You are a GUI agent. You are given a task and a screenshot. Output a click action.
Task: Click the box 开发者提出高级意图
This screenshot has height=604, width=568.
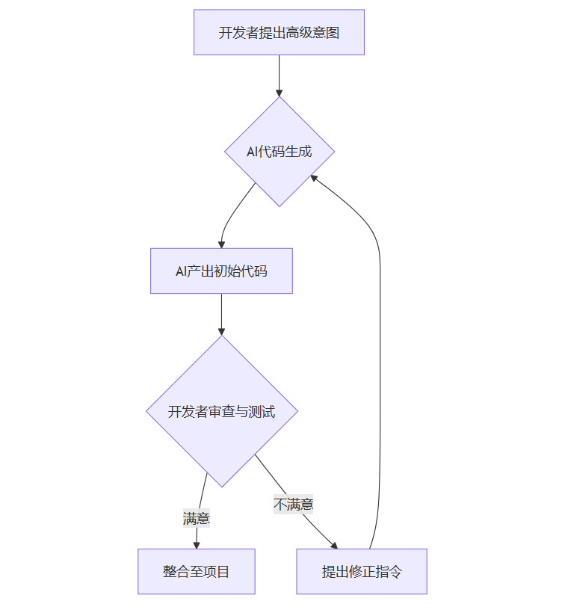click(x=279, y=32)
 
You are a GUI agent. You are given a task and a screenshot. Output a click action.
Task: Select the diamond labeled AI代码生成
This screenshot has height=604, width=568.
click(x=280, y=152)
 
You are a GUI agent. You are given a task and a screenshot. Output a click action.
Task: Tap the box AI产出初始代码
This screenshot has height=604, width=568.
click(x=221, y=271)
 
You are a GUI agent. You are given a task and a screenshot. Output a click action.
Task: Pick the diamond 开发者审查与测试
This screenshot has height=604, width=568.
click(x=222, y=411)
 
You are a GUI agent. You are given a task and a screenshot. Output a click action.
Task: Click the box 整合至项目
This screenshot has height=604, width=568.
click(x=197, y=571)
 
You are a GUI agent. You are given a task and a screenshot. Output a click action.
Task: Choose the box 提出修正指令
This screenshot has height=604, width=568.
click(x=362, y=571)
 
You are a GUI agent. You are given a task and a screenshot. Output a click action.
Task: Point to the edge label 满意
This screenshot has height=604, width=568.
click(x=197, y=517)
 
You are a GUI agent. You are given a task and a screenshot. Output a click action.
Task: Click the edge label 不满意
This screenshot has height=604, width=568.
click(x=293, y=505)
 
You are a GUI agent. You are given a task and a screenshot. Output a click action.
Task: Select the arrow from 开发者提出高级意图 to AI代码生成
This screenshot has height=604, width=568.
click(x=279, y=75)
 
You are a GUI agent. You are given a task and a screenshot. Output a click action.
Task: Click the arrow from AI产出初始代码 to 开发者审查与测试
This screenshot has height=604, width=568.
click(x=221, y=314)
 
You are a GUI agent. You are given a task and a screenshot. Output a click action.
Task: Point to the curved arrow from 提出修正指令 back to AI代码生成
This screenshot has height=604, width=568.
click(x=380, y=299)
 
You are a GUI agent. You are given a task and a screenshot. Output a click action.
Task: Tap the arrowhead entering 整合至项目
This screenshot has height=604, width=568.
click(x=197, y=544)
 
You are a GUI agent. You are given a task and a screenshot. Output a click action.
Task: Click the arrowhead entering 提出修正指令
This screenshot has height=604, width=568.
click(x=333, y=544)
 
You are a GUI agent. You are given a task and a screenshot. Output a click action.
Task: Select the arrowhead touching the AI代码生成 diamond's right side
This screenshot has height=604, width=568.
click(x=315, y=177)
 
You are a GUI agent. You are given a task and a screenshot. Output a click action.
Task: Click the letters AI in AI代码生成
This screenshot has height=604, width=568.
click(x=252, y=152)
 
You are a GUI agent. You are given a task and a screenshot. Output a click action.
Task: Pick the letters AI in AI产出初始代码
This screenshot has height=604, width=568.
click(x=181, y=271)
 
